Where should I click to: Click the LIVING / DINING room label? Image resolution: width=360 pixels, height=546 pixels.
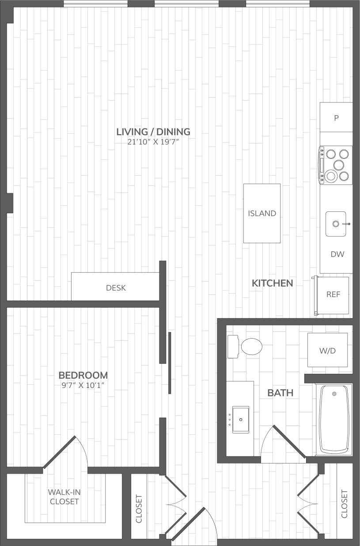[153, 132]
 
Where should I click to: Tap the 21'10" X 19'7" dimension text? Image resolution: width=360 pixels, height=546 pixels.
[153, 142]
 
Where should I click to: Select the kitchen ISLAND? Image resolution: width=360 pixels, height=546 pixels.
[262, 213]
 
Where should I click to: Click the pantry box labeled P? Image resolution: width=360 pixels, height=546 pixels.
[336, 118]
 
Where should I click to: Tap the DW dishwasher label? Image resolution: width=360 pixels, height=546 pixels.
[337, 254]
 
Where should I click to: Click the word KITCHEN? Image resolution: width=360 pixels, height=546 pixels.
[272, 283]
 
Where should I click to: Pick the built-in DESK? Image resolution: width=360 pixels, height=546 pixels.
[116, 288]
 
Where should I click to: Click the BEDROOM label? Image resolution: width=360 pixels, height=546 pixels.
[83, 375]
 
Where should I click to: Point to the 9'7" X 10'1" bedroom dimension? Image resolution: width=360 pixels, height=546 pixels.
[83, 385]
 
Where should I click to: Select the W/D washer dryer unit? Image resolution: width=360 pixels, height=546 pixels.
[327, 350]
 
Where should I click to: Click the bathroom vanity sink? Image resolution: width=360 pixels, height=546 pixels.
[240, 419]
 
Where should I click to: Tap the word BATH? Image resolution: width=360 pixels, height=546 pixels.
[280, 392]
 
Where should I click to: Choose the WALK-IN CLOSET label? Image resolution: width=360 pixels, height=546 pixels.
[64, 497]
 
